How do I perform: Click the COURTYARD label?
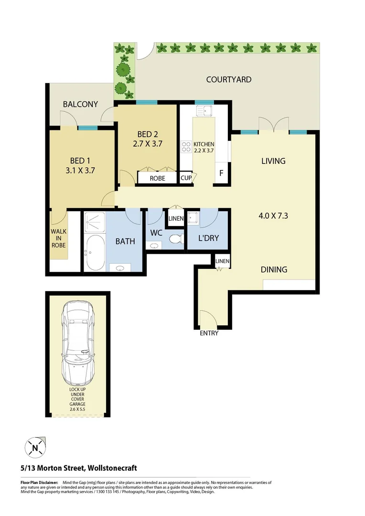tap(228, 79)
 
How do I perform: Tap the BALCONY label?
tap(80, 104)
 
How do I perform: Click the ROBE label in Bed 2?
tap(157, 178)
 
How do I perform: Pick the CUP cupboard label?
tap(186, 178)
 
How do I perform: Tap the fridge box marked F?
tap(221, 173)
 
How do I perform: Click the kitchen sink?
tap(207, 112)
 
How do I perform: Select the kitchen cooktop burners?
tap(185, 146)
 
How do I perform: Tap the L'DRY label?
tap(208, 237)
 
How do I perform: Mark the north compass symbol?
tap(35, 448)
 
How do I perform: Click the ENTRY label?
tap(209, 333)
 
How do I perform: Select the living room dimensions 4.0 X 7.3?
tap(273, 215)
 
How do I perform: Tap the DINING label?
tap(274, 269)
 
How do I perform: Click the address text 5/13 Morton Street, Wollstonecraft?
tap(78, 468)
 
